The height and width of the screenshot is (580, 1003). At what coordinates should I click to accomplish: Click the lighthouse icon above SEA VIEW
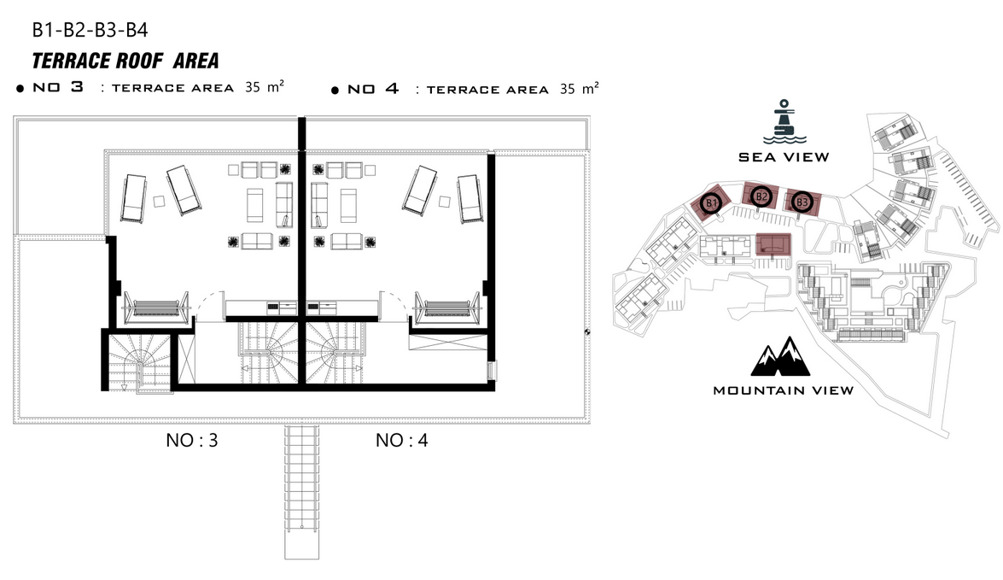tap(784, 121)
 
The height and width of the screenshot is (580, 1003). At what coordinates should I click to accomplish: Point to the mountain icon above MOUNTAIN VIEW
tap(780, 356)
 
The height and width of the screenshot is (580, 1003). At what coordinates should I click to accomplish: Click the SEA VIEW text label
tap(784, 157)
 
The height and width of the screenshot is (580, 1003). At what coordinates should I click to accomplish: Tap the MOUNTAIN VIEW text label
tap(783, 390)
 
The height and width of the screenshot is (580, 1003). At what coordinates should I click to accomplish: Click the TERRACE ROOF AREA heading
tap(125, 61)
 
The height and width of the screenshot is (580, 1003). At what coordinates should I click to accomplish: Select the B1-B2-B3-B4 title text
tap(90, 30)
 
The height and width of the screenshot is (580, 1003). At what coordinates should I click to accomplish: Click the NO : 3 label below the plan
tap(192, 441)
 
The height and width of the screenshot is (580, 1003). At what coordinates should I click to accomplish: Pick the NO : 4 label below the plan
tap(402, 441)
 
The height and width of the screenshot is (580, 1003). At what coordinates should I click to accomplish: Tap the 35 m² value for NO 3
tap(264, 86)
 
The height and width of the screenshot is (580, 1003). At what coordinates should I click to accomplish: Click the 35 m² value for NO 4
tap(579, 88)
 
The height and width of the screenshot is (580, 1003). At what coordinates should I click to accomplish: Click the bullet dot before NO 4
tap(335, 91)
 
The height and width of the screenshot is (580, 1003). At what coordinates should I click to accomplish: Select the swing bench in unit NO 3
tap(156, 308)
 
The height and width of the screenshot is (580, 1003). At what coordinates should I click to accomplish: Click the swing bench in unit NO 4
tap(447, 308)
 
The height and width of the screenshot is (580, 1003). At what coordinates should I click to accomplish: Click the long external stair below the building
tap(302, 492)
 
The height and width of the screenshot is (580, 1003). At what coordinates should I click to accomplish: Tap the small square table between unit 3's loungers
tap(160, 201)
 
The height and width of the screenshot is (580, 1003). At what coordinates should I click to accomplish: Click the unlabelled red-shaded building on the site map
tap(773, 244)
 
